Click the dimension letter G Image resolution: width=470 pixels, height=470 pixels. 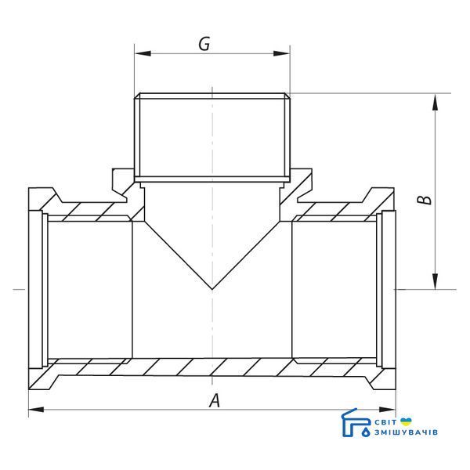(x=204, y=44)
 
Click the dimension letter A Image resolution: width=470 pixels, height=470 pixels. (x=215, y=400)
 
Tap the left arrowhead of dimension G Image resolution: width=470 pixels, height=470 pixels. (x=143, y=53)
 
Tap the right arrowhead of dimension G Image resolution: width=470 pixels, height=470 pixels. (x=282, y=53)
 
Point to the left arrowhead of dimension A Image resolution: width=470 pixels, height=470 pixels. (x=36, y=410)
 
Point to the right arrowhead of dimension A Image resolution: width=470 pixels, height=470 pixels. (x=387, y=410)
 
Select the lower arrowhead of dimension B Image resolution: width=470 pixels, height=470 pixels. (x=436, y=281)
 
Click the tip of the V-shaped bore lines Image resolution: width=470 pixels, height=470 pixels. (x=212, y=289)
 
